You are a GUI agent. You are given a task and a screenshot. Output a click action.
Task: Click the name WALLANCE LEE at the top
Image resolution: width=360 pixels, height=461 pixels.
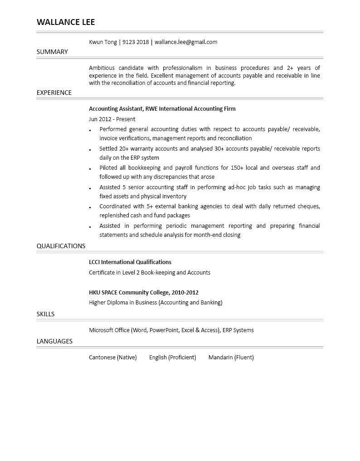tap(66, 22)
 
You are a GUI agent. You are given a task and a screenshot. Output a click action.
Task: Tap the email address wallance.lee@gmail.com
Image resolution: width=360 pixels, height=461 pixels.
tap(186, 42)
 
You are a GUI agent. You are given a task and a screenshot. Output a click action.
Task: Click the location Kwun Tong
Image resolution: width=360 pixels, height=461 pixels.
tap(103, 42)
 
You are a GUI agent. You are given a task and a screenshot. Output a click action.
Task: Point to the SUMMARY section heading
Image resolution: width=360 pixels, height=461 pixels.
tap(52, 52)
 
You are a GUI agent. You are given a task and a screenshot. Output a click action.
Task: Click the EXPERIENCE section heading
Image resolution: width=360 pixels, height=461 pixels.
tap(54, 93)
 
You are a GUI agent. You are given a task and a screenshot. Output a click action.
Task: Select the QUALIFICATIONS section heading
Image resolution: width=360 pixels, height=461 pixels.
tap(61, 246)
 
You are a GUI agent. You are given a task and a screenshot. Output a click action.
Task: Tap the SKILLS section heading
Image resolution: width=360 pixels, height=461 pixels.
tap(45, 314)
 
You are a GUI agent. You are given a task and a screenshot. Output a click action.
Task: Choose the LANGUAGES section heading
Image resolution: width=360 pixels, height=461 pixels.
tap(54, 341)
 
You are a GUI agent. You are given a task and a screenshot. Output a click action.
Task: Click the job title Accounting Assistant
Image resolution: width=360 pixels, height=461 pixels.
tap(116, 109)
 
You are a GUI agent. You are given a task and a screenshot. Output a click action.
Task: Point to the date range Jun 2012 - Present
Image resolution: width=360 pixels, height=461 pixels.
tap(112, 119)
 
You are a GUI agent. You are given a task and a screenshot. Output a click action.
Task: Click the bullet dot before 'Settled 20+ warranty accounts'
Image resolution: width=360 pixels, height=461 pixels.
tap(90, 149)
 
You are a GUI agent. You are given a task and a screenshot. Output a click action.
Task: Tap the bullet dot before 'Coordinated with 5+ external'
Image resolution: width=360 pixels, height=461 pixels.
tap(90, 207)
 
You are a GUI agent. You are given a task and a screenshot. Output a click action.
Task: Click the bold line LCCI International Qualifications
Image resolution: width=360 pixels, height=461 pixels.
tap(130, 262)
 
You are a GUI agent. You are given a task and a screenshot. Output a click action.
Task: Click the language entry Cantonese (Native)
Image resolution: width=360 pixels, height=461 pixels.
tap(112, 358)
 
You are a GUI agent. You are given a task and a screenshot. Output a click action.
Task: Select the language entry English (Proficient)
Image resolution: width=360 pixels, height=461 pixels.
tap(172, 358)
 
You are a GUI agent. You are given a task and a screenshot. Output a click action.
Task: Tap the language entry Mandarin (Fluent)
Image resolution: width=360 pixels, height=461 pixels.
tap(231, 358)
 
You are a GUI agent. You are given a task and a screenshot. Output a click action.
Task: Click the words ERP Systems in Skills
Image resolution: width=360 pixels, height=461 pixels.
tap(238, 330)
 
